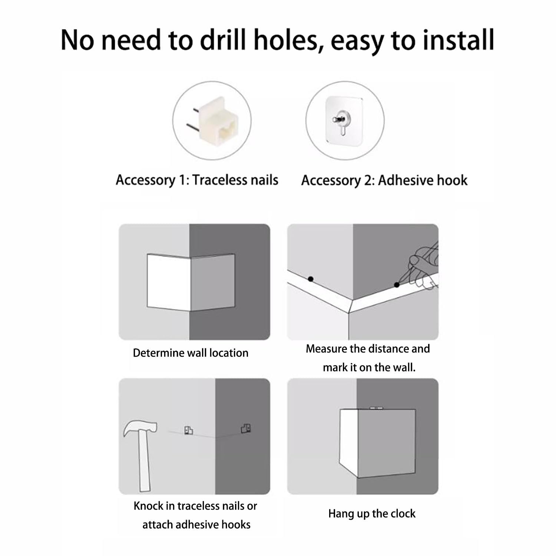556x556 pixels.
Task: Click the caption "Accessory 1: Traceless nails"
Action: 197,180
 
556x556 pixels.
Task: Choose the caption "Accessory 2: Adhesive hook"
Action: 384,181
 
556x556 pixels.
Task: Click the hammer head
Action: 139,429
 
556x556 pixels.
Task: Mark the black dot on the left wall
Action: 311,279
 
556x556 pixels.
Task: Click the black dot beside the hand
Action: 397,285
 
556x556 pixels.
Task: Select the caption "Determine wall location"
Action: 191,353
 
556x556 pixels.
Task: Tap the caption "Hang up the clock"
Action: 372,514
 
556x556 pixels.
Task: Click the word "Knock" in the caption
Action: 148,506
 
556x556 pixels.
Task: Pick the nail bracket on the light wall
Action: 189,430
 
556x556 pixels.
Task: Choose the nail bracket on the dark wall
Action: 246,428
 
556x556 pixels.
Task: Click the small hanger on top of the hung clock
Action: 376,408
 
